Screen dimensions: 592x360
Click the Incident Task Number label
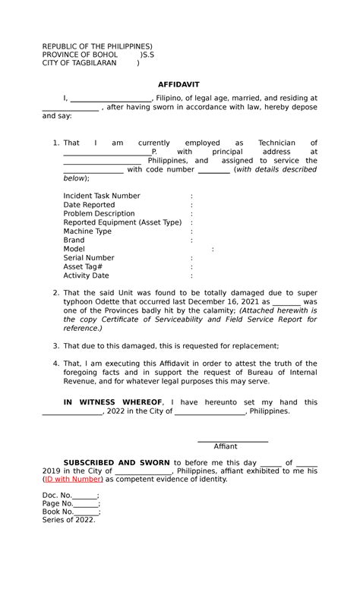(x=102, y=196)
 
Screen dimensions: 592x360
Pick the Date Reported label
(x=89, y=205)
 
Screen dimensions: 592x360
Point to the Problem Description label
(x=99, y=214)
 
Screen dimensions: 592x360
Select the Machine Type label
(x=87, y=231)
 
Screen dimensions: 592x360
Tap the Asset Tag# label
(x=83, y=267)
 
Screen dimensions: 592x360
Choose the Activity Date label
(x=86, y=276)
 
